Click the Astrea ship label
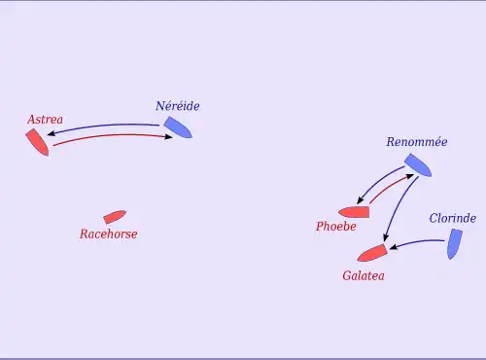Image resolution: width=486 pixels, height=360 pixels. coord(45,120)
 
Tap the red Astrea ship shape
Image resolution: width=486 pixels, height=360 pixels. coord(37,142)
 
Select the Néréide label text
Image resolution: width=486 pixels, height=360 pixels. coord(177,106)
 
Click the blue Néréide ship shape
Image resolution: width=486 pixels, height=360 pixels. coord(178,127)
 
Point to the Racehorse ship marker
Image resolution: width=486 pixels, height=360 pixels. coord(115,217)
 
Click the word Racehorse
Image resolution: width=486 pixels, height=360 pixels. coord(109,234)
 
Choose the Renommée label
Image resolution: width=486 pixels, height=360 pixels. coord(417,142)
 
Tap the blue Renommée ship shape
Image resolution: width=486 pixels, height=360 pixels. coord(418,165)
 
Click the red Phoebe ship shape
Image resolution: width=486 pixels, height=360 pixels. coord(354,212)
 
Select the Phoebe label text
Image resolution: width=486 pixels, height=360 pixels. coord(336,226)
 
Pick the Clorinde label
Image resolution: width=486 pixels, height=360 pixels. coord(453,218)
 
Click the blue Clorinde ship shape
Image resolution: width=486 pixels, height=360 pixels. coord(455,244)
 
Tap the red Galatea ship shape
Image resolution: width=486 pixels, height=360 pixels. coord(372,253)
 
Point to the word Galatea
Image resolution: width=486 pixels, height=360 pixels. coord(364,275)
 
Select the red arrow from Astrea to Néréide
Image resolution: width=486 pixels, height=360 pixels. coord(113,135)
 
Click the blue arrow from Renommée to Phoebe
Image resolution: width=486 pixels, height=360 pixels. coord(378,182)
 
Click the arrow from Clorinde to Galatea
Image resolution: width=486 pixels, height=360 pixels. coord(417,242)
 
